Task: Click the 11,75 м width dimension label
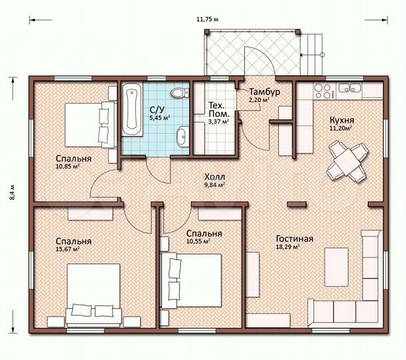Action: tap(208, 19)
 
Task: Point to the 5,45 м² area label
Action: tap(159, 117)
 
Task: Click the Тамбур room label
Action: tap(263, 91)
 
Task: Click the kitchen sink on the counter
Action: tap(350, 87)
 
